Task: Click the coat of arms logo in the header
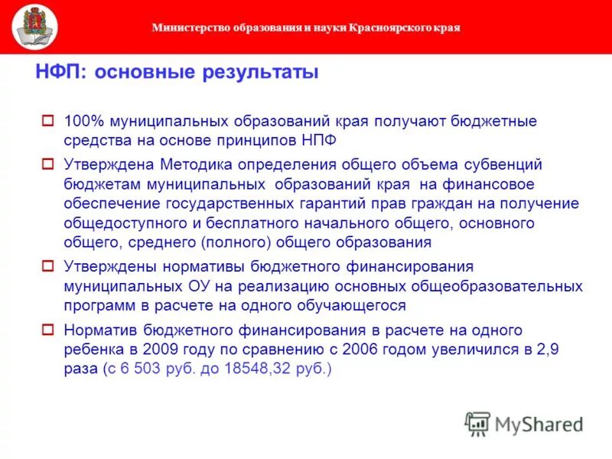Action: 34,27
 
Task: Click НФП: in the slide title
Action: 63,73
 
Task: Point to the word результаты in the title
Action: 259,73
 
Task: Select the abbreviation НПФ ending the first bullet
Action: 318,141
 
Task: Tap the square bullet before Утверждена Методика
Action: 47,164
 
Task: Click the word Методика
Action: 191,164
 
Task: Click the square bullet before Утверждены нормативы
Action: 47,266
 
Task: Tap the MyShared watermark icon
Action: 477,424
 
